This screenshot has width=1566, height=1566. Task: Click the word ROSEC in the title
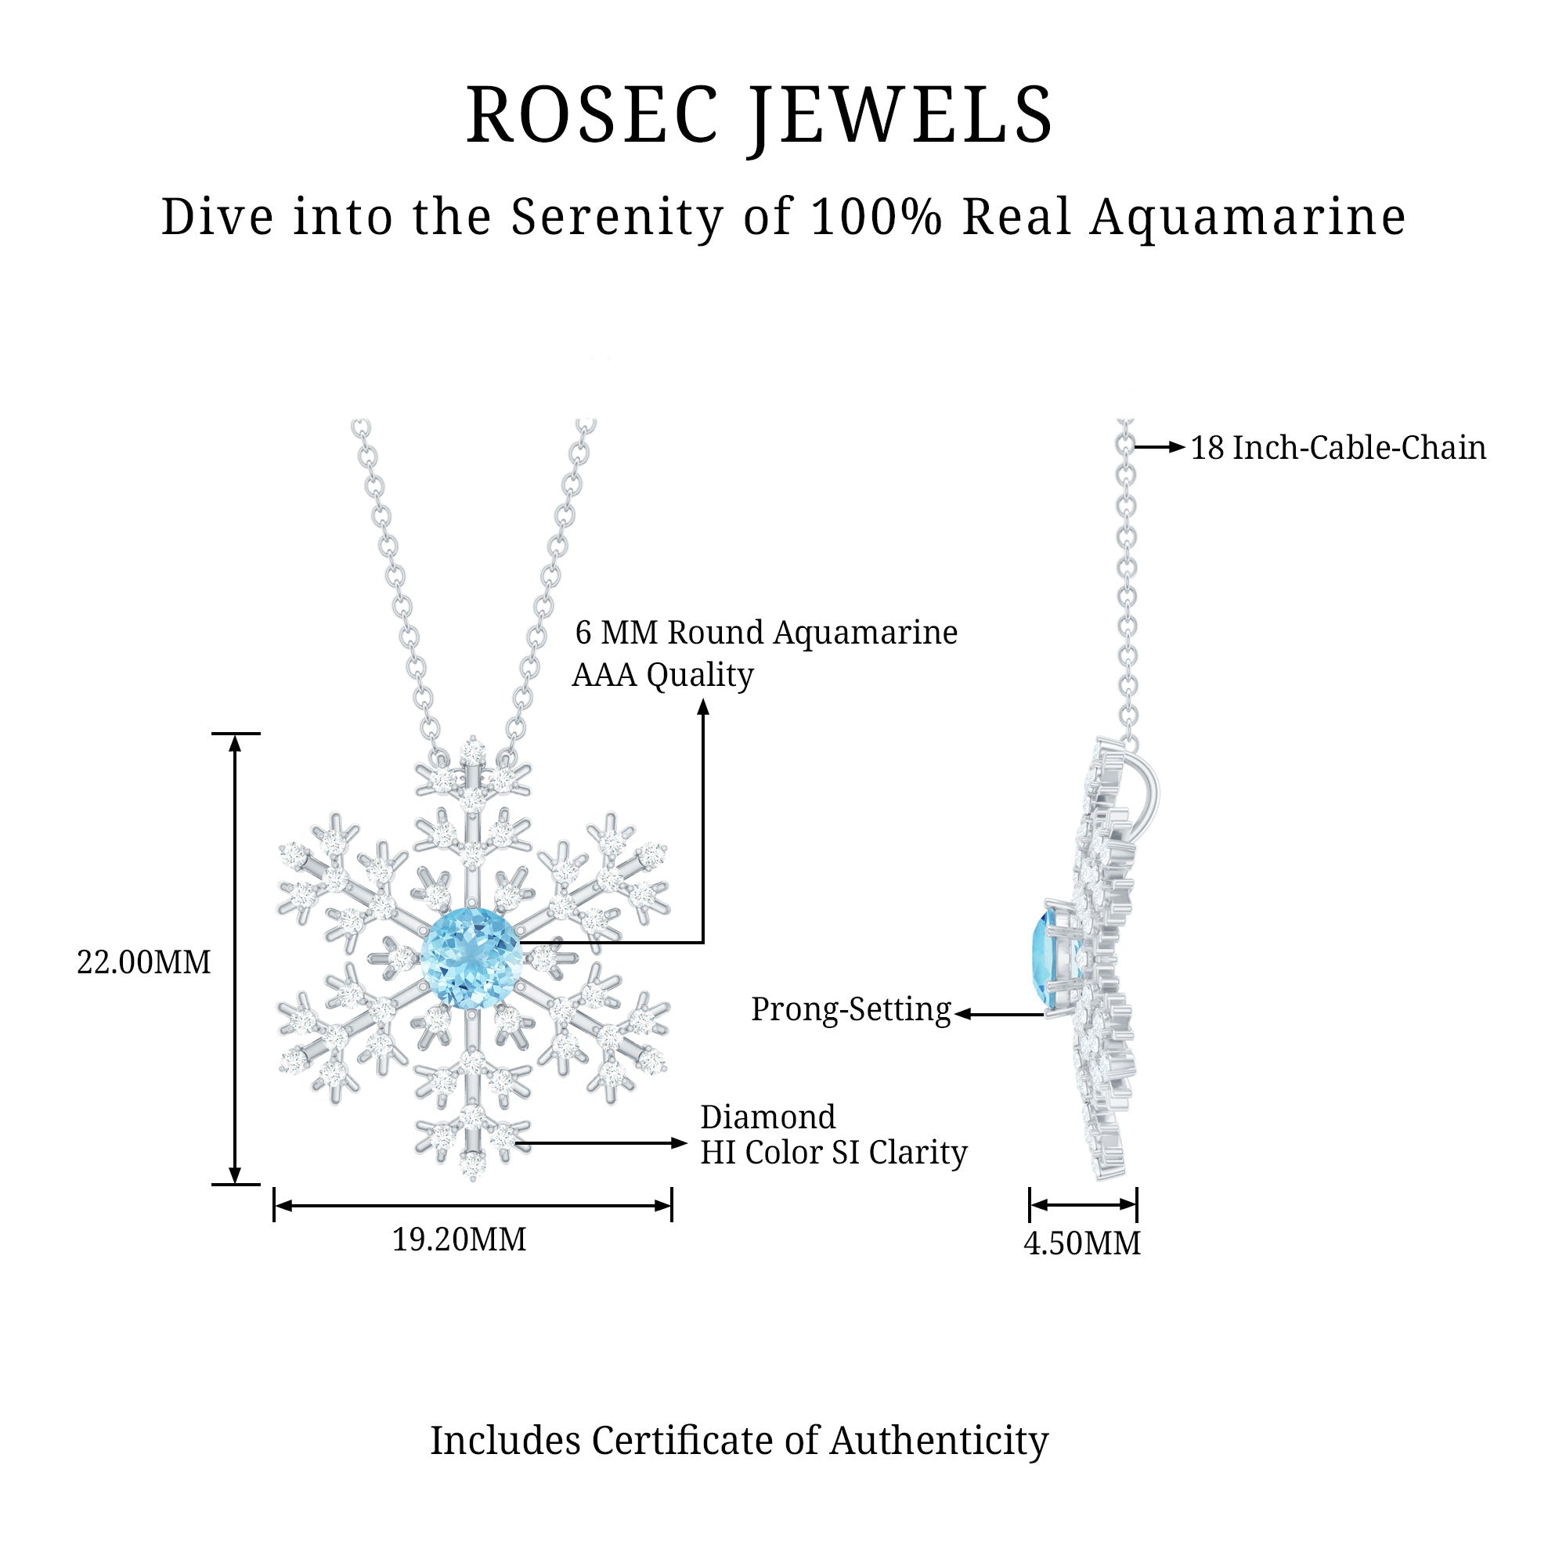pos(592,115)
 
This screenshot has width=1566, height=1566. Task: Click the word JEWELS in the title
pos(900,115)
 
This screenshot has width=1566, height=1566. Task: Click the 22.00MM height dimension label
pos(143,962)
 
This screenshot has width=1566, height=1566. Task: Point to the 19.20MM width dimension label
pos(460,1239)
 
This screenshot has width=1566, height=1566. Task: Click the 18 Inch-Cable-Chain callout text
pos(1337,447)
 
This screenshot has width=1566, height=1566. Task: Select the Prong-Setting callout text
pos(851,1009)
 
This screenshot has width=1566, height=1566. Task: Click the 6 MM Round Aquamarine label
pos(766,632)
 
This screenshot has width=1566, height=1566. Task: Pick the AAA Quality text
pos(662,674)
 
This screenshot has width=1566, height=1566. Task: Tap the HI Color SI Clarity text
pos(833,1153)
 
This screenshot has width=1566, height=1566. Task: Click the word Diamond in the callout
pos(767,1117)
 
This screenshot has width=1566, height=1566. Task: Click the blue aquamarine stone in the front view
pos(471,960)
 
